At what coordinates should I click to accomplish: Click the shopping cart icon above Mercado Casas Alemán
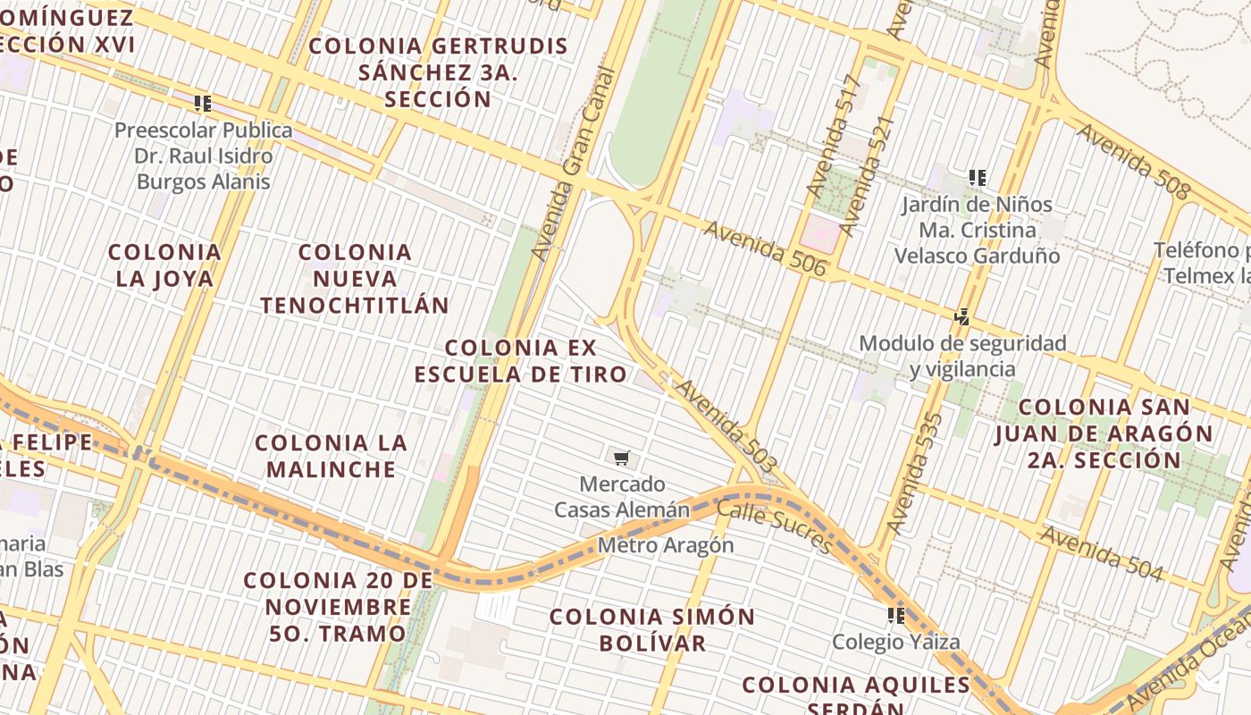point(622,458)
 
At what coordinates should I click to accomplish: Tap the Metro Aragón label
point(666,545)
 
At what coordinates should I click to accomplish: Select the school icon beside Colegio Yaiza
point(896,616)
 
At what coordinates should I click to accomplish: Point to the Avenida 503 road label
point(726,426)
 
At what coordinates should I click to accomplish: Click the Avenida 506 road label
point(764,248)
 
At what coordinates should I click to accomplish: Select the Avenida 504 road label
point(1102,553)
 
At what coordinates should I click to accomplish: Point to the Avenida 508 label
point(1133,161)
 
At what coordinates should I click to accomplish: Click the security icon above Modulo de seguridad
point(961,316)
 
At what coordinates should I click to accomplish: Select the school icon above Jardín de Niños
point(978,178)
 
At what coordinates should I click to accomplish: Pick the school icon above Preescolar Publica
point(203,104)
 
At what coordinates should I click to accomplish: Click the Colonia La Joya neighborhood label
point(164,265)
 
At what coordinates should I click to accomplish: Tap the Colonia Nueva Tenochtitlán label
point(355,279)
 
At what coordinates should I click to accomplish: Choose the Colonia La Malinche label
point(331,456)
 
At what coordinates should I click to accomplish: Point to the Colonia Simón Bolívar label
point(652,629)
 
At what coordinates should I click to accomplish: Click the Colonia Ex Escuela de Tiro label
point(521,360)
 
